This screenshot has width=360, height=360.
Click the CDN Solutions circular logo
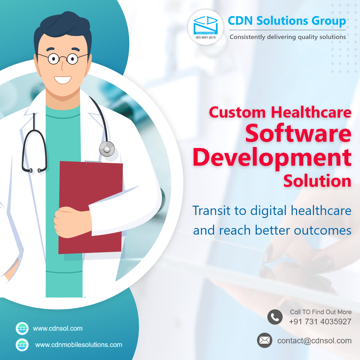pos(205,27)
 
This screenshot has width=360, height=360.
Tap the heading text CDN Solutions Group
pos(287,21)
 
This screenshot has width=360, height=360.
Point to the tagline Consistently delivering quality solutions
pos(288,37)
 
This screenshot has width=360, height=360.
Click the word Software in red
pos(298,133)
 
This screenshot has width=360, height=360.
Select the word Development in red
pos(272,158)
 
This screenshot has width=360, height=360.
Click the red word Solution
pos(317,181)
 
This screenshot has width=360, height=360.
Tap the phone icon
pos(275,317)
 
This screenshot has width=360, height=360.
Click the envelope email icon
pos(264,340)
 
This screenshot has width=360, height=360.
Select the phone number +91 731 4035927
pos(320,322)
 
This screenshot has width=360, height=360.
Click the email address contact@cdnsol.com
pos(314,341)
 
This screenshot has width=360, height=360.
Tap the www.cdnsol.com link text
pos(58,329)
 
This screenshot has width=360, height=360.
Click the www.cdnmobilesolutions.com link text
pos(79,345)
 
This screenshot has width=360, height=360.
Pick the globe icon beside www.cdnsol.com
pos(22,328)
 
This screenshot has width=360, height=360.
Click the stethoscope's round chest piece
pos(107,149)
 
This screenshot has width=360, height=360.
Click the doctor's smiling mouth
pos(63,80)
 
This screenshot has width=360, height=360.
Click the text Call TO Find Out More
pos(321,312)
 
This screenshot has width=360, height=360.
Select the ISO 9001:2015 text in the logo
pos(205,38)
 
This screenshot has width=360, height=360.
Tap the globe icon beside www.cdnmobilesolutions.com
pos(22,345)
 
